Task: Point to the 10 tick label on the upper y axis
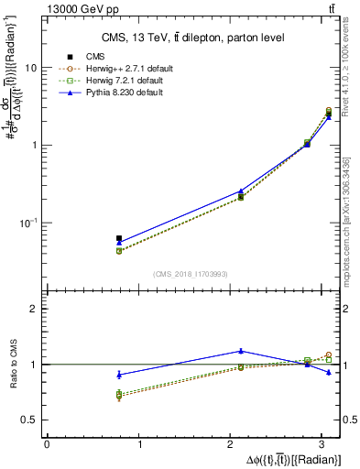click(x=31, y=69)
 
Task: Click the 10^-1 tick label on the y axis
click(x=29, y=223)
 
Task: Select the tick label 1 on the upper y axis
click(x=35, y=146)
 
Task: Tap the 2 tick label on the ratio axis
click(x=35, y=309)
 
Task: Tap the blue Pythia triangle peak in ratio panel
click(x=241, y=351)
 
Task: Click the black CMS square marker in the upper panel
click(x=119, y=238)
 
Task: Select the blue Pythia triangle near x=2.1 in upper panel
click(x=241, y=191)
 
